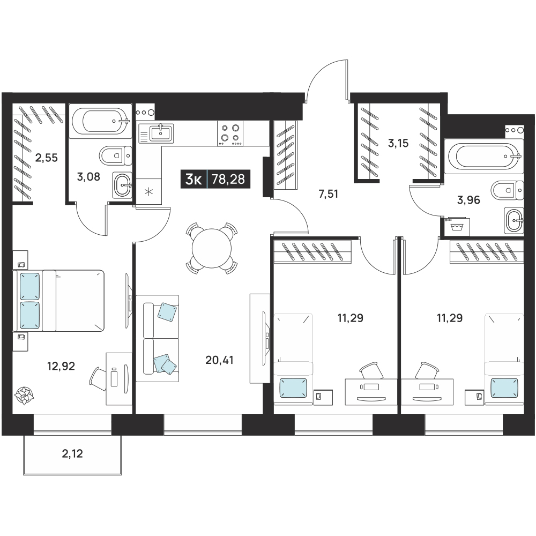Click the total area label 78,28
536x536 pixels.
tap(228, 179)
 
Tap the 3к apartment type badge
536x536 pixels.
tap(193, 179)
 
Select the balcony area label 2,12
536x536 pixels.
tap(72, 453)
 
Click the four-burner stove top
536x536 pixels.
tap(230, 133)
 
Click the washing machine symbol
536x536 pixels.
tap(457, 226)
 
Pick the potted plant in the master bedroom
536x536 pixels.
tap(24, 396)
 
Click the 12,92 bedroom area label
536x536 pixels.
tap(61, 366)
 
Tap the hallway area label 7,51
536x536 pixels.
tap(328, 194)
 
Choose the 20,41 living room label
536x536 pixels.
tap(219, 360)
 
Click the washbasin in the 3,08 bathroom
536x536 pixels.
tap(122, 185)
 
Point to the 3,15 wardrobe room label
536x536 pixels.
tap(398, 143)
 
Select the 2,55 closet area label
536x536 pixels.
tap(47, 158)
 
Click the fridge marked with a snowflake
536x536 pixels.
tap(148, 191)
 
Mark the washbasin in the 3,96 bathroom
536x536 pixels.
tap(514, 220)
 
